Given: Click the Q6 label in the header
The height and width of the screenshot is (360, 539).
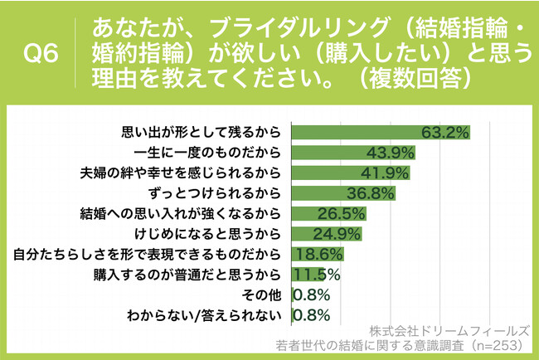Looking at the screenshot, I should (x=41, y=55).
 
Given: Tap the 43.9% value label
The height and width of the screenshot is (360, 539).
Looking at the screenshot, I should (x=391, y=153).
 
